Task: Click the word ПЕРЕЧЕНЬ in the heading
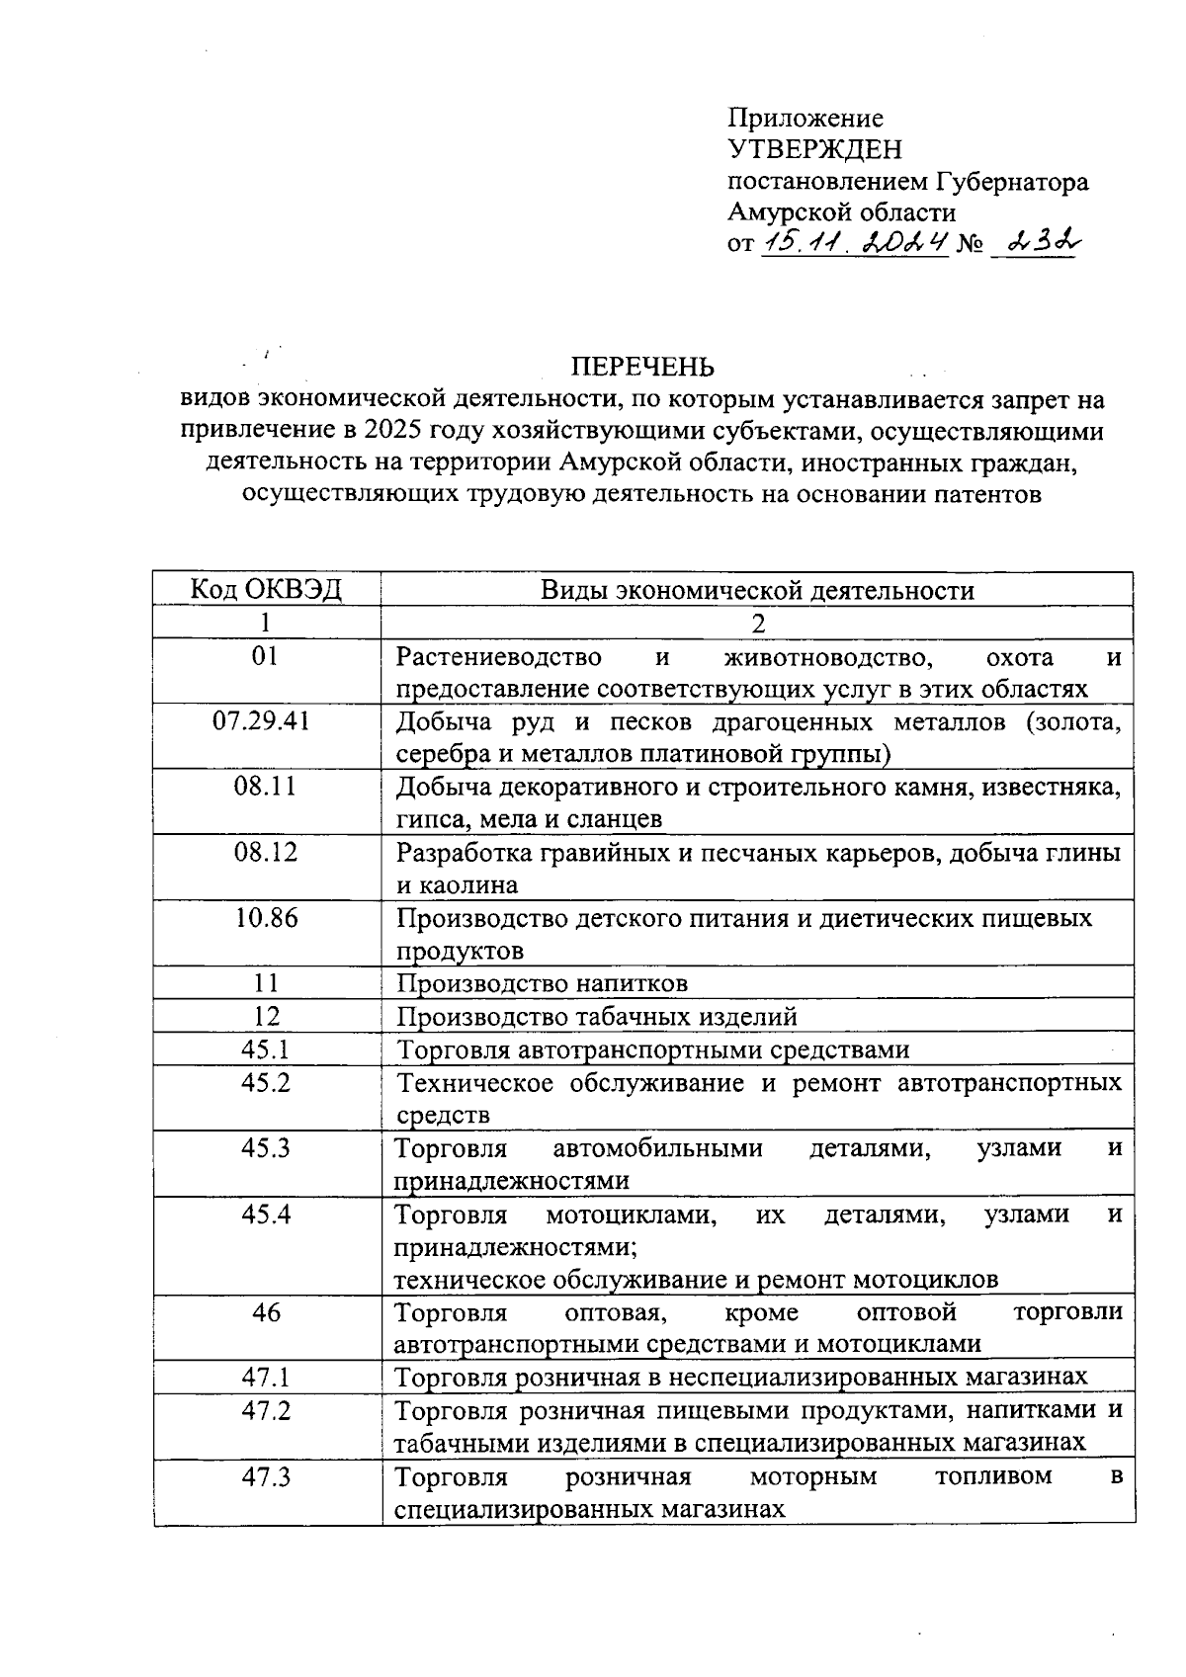[x=643, y=368]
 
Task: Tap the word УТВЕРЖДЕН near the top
[x=815, y=149]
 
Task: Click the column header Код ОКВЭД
[x=266, y=590]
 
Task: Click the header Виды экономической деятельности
[x=757, y=591]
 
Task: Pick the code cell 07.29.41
[x=266, y=721]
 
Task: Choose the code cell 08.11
[x=266, y=787]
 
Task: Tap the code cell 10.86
[x=266, y=918]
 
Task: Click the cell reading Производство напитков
[x=542, y=983]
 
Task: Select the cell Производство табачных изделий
[x=597, y=1016]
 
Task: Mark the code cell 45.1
[x=266, y=1049]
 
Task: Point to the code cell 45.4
[x=266, y=1214]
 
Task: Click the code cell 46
[x=266, y=1312]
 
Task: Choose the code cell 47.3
[x=266, y=1476]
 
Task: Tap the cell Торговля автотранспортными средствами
[x=652, y=1049]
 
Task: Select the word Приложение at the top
[x=805, y=118]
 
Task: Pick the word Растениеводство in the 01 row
[x=498, y=657]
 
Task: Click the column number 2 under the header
[x=758, y=623]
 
